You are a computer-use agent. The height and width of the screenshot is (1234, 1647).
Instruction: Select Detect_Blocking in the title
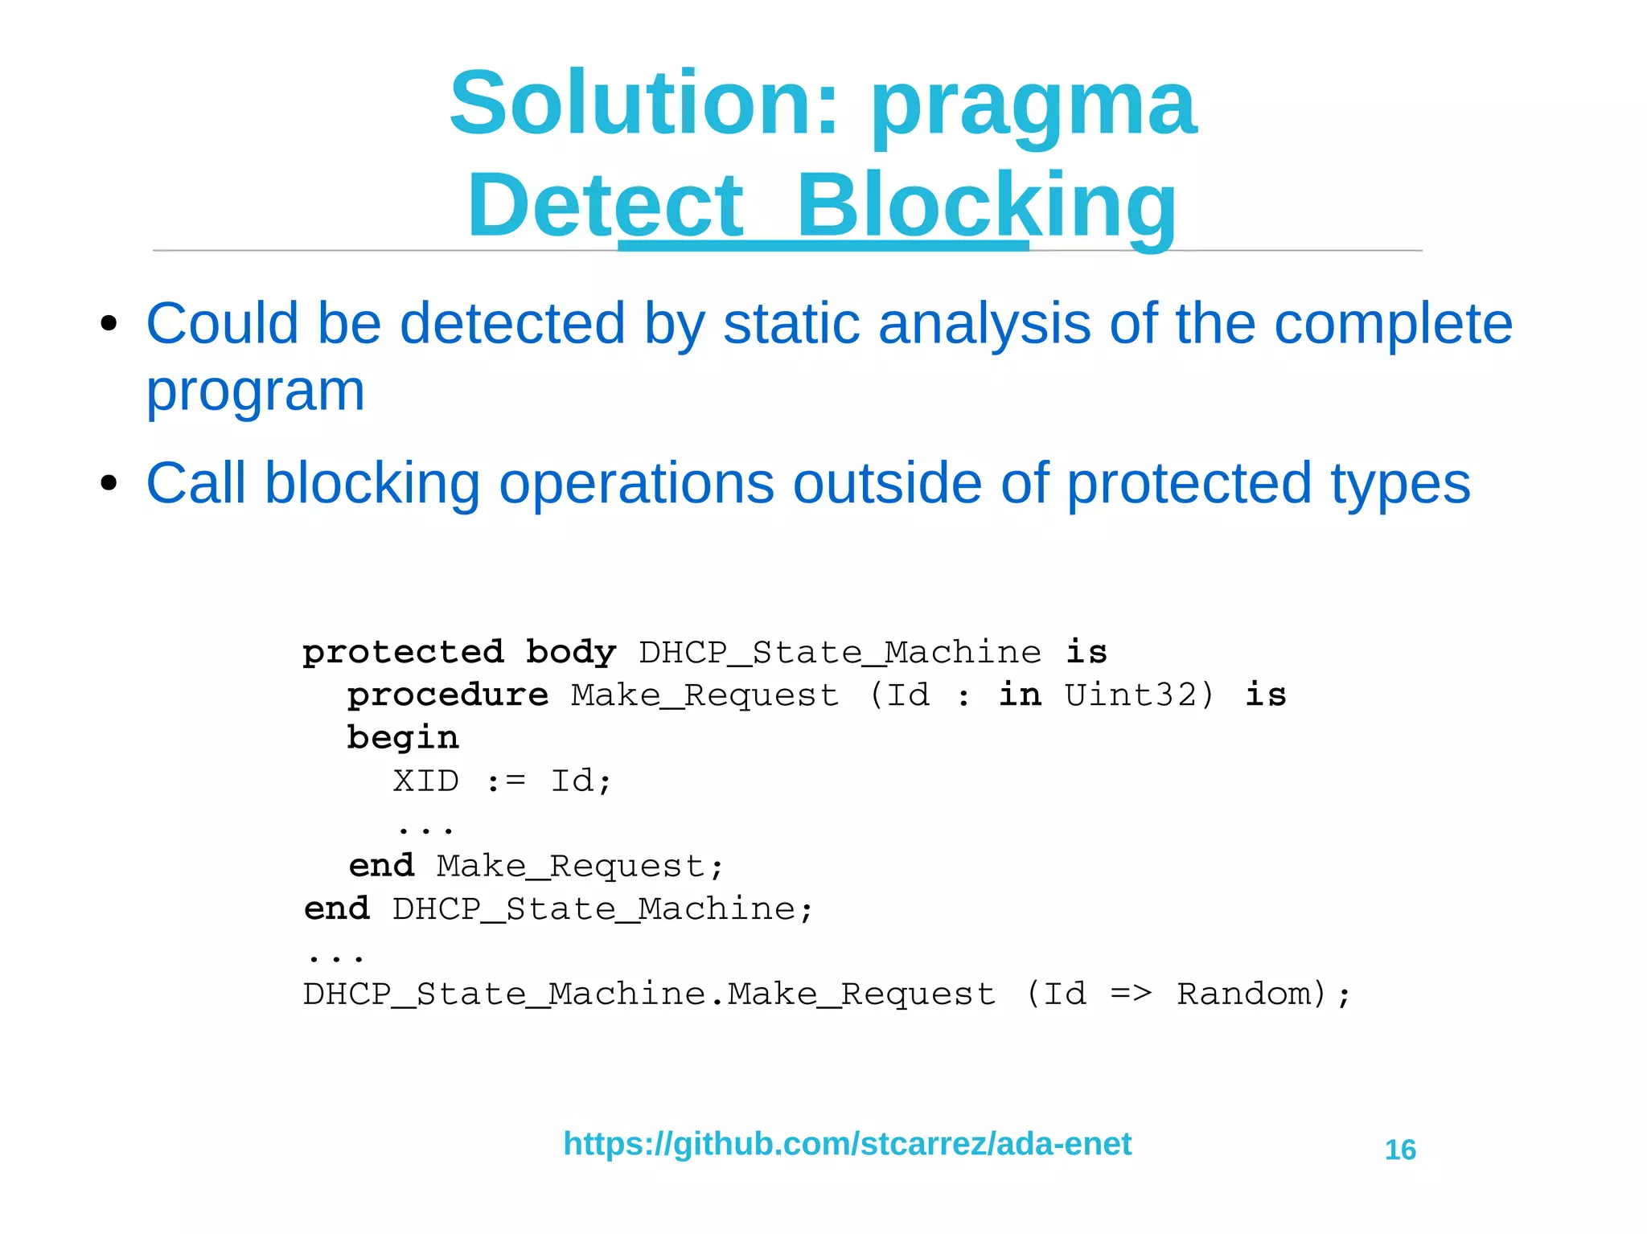coord(822,207)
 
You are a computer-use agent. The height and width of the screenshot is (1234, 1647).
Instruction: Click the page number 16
coord(1400,1150)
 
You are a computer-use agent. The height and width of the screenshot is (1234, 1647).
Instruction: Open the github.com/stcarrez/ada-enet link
coord(847,1143)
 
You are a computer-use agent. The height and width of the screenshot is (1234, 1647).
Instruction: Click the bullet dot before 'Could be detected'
coord(109,325)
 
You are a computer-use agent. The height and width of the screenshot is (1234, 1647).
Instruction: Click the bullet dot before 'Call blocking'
coord(109,484)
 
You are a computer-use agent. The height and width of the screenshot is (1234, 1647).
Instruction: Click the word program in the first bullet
coord(255,392)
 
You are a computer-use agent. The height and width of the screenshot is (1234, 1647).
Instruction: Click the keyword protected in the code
coord(403,651)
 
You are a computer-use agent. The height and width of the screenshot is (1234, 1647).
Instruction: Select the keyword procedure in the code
coord(447,694)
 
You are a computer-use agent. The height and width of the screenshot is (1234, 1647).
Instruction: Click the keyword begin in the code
coord(402,738)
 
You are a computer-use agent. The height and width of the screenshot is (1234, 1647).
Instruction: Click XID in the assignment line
coord(425,781)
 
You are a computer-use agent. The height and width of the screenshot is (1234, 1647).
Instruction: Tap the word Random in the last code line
coord(1245,994)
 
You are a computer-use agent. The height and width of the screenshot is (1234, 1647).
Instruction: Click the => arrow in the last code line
coord(1130,994)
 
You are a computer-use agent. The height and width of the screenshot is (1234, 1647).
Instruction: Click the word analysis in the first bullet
coord(984,325)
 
